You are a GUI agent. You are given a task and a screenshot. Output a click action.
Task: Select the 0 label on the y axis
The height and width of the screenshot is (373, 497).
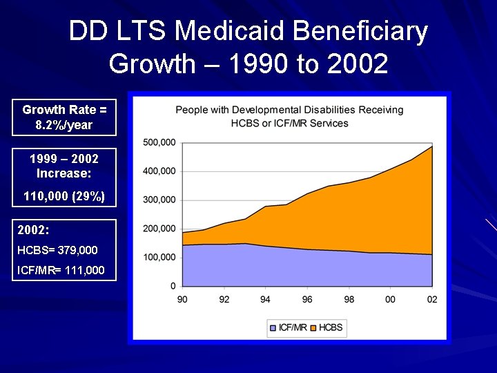173,285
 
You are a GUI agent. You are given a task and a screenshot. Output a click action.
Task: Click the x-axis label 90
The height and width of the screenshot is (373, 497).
183,299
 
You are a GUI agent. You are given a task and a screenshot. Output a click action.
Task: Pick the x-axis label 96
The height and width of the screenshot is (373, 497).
307,299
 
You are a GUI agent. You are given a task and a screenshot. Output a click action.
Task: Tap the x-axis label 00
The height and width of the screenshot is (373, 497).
391,299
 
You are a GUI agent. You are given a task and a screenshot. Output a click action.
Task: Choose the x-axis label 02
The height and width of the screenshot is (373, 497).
432,299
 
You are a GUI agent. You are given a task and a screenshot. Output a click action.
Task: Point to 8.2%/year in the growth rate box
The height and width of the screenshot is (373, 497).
64,125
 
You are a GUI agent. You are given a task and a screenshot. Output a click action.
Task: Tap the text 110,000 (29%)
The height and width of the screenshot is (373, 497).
64,196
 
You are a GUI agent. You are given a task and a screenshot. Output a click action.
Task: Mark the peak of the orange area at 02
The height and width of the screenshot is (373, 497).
432,146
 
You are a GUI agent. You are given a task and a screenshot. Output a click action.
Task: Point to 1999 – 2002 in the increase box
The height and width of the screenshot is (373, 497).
64,159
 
